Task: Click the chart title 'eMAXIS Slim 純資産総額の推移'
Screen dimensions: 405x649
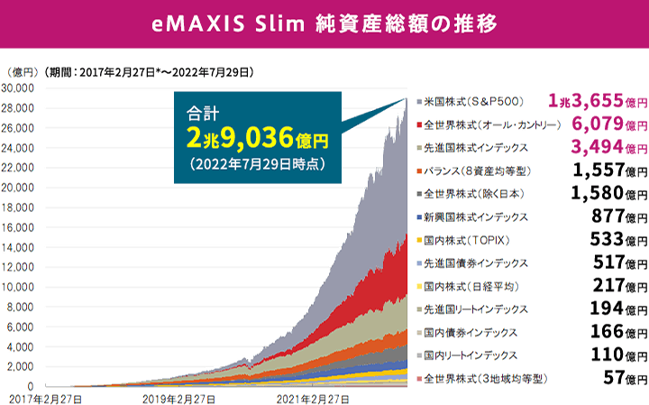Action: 324,23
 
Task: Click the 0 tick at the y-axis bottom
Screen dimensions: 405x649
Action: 31,386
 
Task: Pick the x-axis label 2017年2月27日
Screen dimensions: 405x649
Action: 47,397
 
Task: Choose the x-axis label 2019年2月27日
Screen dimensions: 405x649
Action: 178,397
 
